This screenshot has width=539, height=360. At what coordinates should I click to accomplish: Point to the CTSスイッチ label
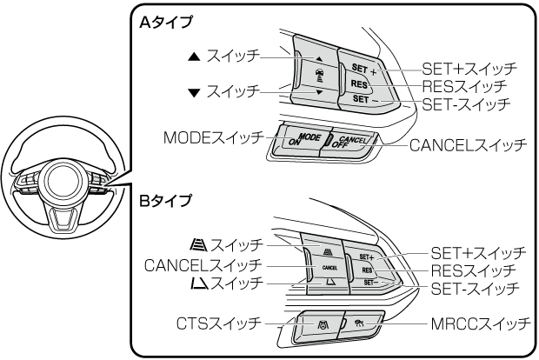click(218, 323)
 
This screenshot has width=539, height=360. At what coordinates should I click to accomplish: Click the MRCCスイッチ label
click(480, 323)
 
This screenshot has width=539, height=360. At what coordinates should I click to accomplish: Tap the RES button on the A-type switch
click(360, 84)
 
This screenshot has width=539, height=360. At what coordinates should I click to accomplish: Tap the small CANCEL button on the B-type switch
click(329, 268)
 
